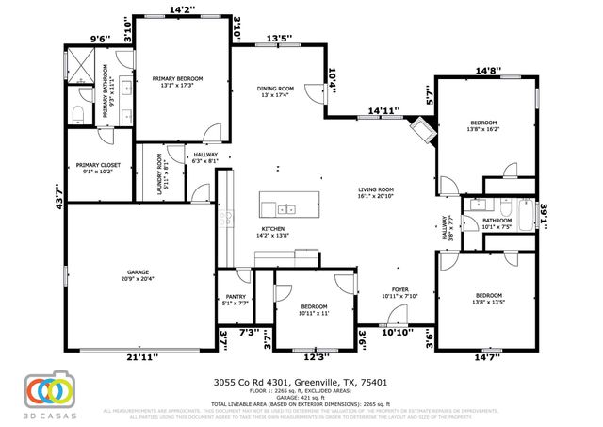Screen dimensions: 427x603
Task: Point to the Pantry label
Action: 235,299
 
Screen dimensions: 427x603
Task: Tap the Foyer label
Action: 400,292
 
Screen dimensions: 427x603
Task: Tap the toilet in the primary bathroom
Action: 79,116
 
